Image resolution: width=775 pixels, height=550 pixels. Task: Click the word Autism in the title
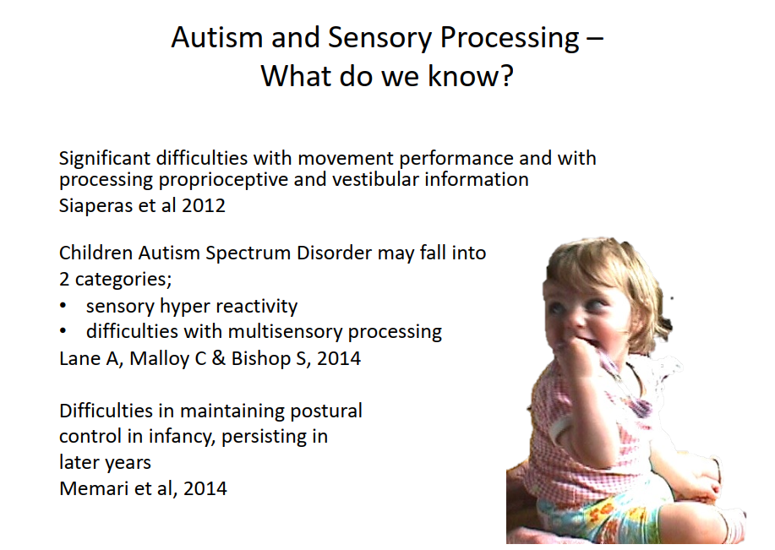pyautogui.click(x=216, y=37)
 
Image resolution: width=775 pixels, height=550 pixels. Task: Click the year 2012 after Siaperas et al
pyautogui.click(x=203, y=205)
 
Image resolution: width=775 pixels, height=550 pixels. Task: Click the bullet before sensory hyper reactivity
pyautogui.click(x=63, y=306)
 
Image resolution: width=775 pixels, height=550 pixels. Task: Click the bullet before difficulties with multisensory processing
pyautogui.click(x=63, y=331)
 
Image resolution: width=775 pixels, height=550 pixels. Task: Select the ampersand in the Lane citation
pyautogui.click(x=218, y=358)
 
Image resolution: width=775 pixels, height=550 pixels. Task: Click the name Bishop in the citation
pyautogui.click(x=261, y=359)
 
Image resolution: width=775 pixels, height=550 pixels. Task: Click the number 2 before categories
pyautogui.click(x=64, y=279)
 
